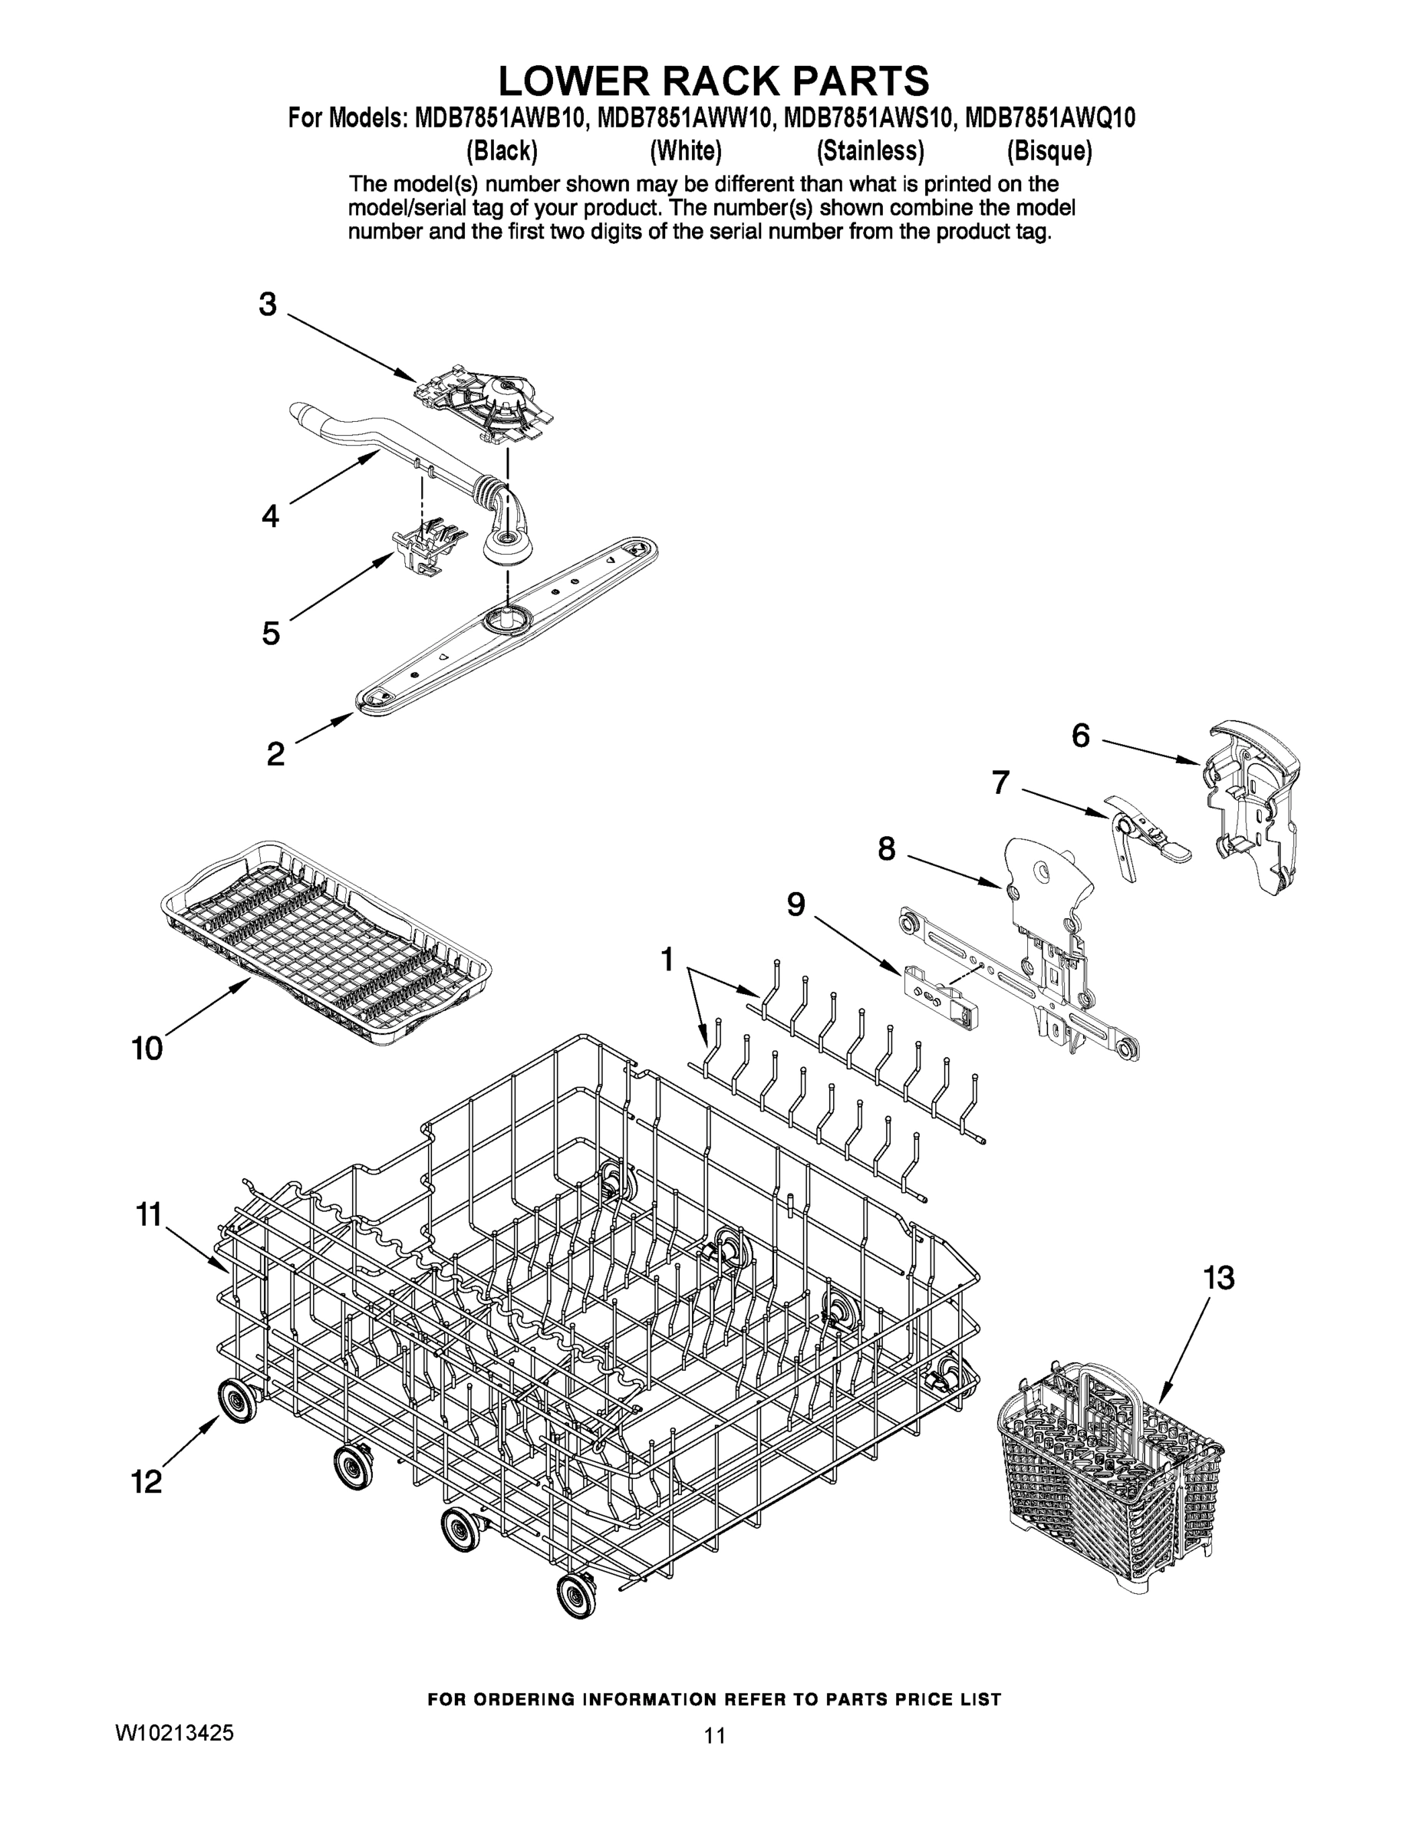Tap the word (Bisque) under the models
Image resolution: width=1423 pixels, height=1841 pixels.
[x=1049, y=152]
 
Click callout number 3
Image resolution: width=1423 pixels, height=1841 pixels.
[x=267, y=305]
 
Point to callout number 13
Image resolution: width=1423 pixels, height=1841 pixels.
[x=1218, y=1278]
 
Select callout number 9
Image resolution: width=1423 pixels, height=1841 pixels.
[x=795, y=904]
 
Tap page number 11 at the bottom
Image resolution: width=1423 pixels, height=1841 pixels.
[x=714, y=1736]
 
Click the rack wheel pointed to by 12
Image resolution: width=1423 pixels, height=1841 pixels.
[x=240, y=1401]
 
